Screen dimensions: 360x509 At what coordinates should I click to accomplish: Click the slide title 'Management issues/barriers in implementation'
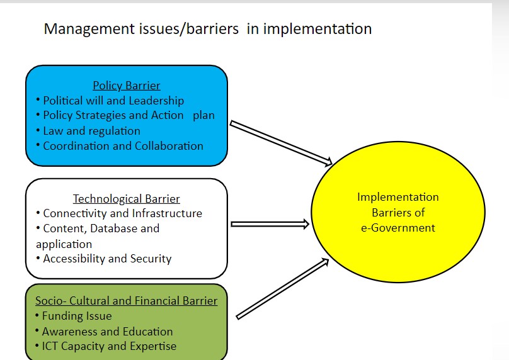point(207,29)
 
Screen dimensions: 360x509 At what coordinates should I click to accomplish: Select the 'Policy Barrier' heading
point(126,86)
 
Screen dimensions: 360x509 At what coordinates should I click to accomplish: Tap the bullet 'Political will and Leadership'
point(113,101)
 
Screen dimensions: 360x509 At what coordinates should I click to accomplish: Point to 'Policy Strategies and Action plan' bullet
point(129,116)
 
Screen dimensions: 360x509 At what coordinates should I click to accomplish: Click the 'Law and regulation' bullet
point(91,131)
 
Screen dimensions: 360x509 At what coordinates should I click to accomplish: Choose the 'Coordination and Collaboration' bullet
point(123,146)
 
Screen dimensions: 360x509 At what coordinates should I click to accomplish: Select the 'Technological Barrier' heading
point(126,199)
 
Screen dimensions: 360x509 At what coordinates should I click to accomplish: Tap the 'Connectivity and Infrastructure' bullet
point(122,214)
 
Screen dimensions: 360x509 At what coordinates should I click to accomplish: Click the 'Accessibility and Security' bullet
point(107,259)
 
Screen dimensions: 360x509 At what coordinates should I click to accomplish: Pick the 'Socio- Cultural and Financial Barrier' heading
point(126,301)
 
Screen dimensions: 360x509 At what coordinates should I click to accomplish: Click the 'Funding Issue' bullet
point(76,316)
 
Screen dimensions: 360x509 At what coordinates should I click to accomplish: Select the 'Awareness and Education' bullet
point(107,331)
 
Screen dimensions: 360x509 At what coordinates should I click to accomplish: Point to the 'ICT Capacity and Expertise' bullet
point(109,346)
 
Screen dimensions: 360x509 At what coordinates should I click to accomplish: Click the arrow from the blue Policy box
point(280,143)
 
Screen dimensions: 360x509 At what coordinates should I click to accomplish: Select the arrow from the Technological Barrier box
point(270,223)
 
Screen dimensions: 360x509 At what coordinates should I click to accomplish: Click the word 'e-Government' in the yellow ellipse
point(397,227)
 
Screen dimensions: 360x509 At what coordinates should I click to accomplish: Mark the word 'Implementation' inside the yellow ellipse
point(397,197)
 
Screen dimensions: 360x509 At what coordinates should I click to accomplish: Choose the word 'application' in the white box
point(64,244)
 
